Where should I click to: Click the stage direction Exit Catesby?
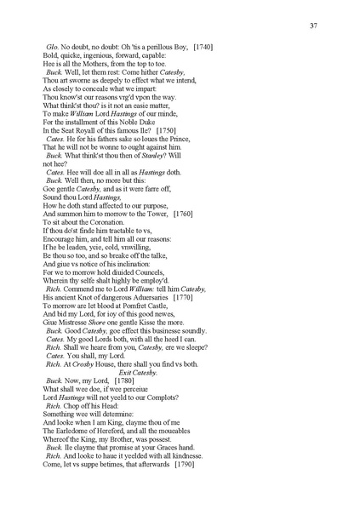pos(138,371)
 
